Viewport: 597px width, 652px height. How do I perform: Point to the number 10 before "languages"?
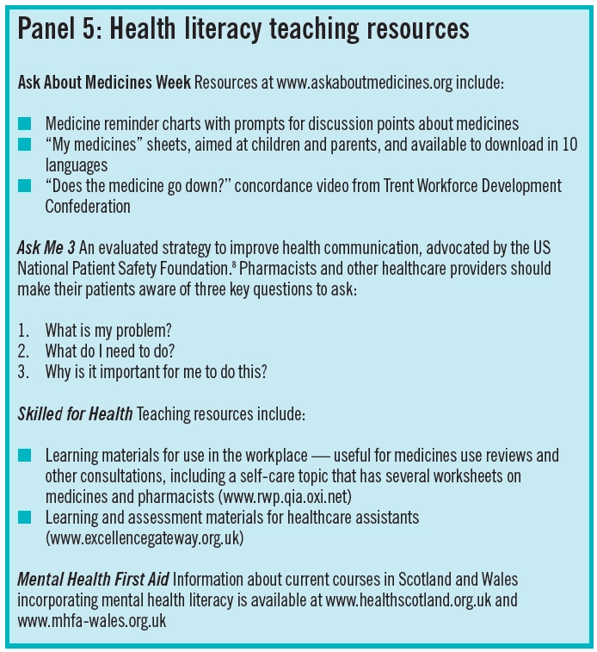[x=568, y=146]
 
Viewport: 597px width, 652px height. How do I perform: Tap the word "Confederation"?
[x=88, y=207]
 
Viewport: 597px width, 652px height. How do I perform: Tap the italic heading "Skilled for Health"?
[x=75, y=413]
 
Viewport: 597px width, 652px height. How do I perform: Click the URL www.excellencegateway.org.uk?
[x=145, y=537]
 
